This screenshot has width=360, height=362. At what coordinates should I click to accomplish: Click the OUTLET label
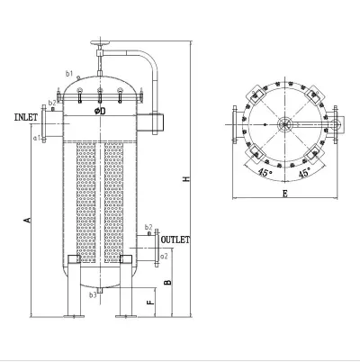(x=175, y=240)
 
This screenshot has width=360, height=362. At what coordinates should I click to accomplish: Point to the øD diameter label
(x=101, y=112)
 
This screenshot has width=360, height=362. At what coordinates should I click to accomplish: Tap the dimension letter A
(x=27, y=220)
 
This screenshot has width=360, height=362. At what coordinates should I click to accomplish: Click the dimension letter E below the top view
(x=284, y=192)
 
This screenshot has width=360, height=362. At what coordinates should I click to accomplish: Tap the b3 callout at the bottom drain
(x=93, y=294)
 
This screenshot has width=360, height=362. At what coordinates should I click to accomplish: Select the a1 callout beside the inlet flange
(x=36, y=138)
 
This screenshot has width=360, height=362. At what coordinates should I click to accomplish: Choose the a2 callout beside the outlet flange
(x=164, y=257)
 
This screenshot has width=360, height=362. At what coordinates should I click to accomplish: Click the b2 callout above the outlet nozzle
(x=148, y=227)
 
